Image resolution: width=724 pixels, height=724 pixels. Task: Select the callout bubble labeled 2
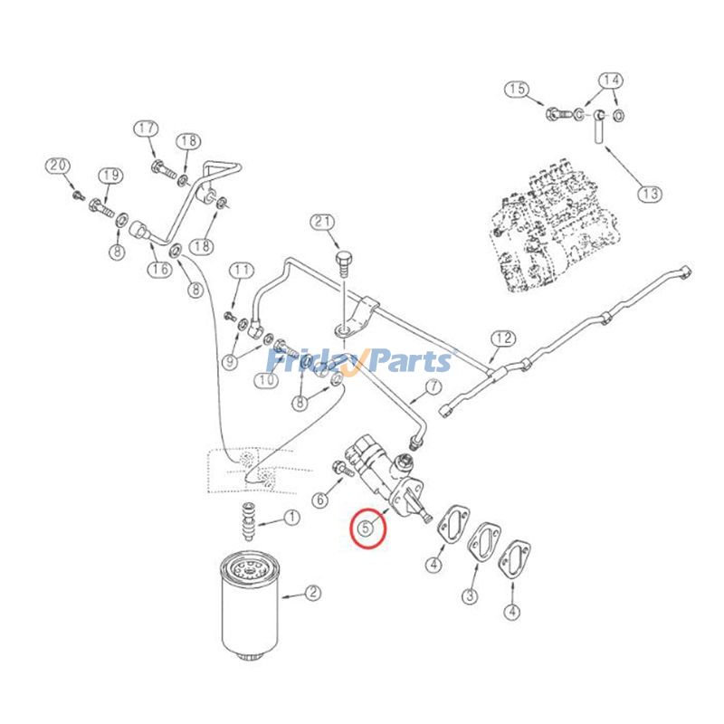click(x=312, y=594)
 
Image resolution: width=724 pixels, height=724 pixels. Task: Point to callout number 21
click(x=322, y=223)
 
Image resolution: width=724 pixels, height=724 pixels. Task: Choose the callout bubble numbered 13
click(x=650, y=193)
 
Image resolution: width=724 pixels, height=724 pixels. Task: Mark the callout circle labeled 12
click(x=502, y=339)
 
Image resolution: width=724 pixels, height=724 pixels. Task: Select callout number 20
click(x=58, y=166)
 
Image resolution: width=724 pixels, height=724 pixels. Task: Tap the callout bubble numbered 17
click(x=148, y=129)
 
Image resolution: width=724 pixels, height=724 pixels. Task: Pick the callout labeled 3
click(x=472, y=595)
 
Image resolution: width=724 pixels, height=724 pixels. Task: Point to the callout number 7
click(x=433, y=387)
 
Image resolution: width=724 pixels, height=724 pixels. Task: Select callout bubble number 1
click(x=292, y=518)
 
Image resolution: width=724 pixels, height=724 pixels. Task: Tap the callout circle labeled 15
click(x=517, y=89)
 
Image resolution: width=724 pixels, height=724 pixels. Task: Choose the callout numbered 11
click(x=241, y=270)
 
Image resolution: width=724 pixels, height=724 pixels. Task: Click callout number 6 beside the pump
click(x=320, y=499)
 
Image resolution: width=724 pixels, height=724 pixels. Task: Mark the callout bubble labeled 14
click(x=612, y=80)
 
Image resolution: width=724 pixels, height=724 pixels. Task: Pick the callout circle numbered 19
click(x=110, y=175)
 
